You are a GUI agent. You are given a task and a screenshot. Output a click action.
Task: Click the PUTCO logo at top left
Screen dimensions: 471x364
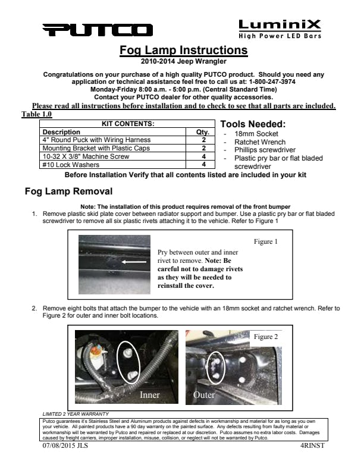click(x=98, y=30)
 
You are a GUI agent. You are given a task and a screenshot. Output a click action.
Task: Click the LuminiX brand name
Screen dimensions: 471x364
click(x=280, y=25)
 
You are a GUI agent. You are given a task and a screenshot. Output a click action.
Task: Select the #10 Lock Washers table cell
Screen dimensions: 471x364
click(x=64, y=164)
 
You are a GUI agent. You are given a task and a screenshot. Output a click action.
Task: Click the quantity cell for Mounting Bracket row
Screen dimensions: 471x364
click(x=203, y=148)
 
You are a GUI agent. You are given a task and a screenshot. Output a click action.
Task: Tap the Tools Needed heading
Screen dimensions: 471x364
click(x=253, y=124)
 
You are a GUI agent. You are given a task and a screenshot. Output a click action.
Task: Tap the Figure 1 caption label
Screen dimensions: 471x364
click(x=266, y=243)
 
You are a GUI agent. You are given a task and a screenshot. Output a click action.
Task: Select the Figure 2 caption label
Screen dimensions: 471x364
click(x=266, y=337)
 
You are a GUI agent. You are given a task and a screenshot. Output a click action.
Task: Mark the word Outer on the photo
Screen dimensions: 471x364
click(x=204, y=394)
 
